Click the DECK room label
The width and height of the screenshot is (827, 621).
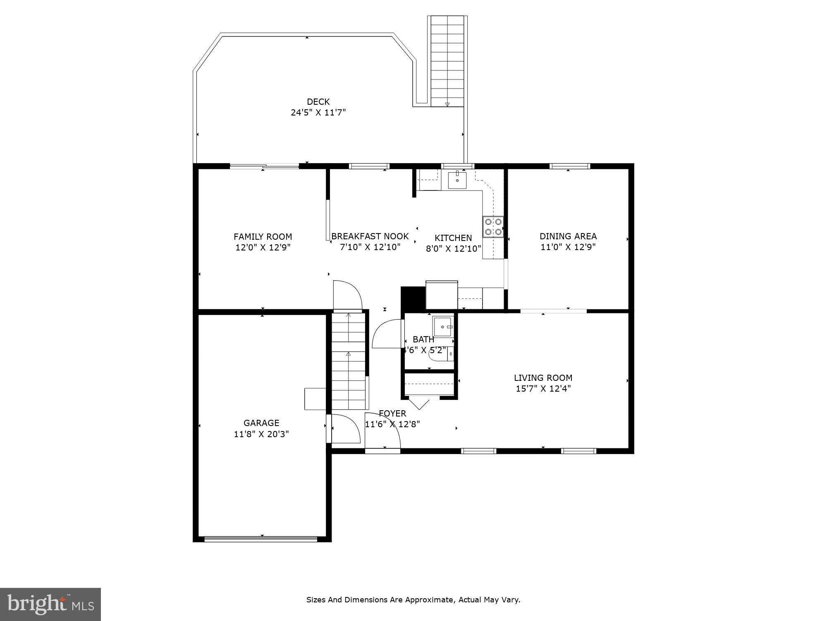[x=318, y=101]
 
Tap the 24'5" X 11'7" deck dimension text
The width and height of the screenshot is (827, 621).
[x=318, y=112]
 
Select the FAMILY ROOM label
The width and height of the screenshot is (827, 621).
[x=263, y=237]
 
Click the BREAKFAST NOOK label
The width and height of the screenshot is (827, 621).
[x=370, y=236]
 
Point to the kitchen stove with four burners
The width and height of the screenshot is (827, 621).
[x=493, y=227]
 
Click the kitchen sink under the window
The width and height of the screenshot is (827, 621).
[x=457, y=180]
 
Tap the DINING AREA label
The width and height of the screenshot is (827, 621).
[x=568, y=236]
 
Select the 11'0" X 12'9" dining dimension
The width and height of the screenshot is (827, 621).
[x=568, y=247]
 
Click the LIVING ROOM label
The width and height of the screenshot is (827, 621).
[x=543, y=378]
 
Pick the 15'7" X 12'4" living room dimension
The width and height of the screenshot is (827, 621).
[x=543, y=388]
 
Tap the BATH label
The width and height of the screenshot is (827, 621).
[x=423, y=339]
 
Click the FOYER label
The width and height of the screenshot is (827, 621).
[x=392, y=413]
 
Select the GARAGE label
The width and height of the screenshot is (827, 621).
[x=261, y=423]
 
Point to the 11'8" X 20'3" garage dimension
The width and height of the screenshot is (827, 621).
[x=261, y=434]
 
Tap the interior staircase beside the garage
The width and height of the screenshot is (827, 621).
[x=349, y=360]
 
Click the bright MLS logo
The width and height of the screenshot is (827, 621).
[x=50, y=604]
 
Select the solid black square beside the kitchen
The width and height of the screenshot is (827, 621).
[x=412, y=297]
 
